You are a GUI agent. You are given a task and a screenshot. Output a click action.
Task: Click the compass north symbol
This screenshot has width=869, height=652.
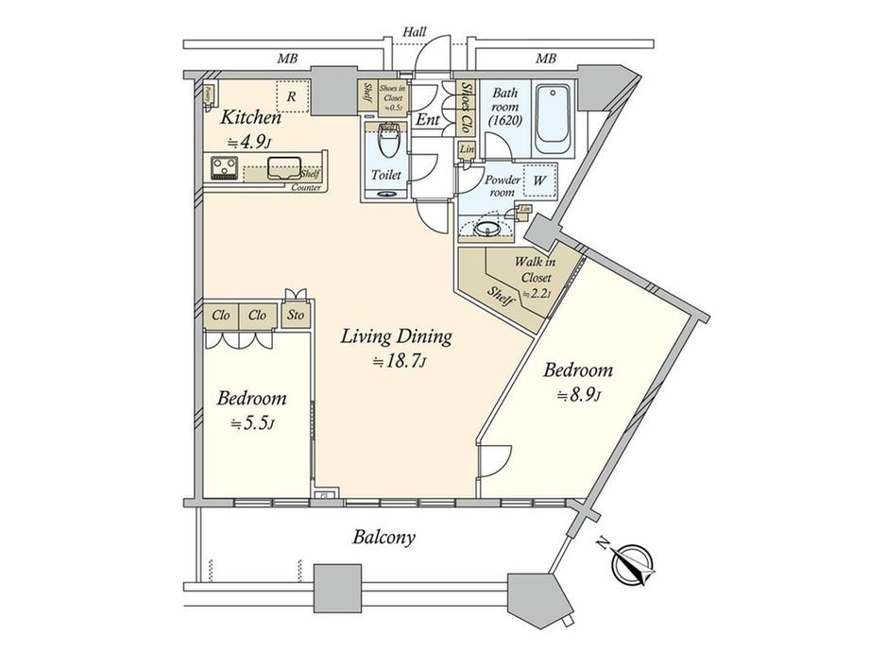pyautogui.click(x=630, y=564)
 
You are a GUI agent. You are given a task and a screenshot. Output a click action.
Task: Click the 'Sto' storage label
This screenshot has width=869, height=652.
pyautogui.click(x=295, y=316)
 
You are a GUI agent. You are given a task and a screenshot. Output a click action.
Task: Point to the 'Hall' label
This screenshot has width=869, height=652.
pyautogui.click(x=414, y=32)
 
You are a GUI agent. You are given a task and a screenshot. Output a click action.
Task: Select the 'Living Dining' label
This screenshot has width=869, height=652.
pyautogui.click(x=397, y=336)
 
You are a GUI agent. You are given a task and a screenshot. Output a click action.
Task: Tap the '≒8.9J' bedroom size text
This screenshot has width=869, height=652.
pyautogui.click(x=578, y=394)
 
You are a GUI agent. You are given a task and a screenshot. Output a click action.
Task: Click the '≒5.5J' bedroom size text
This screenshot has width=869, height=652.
pyautogui.click(x=251, y=424)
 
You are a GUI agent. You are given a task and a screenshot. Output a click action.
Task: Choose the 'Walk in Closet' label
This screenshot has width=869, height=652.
pyautogui.click(x=534, y=270)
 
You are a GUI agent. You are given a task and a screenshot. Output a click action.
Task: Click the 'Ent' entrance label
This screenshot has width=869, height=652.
pyautogui.click(x=426, y=120)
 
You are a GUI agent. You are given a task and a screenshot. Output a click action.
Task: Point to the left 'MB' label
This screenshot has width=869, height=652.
pyautogui.click(x=288, y=60)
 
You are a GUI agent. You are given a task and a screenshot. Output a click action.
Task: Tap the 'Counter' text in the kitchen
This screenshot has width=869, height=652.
pyautogui.click(x=306, y=188)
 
